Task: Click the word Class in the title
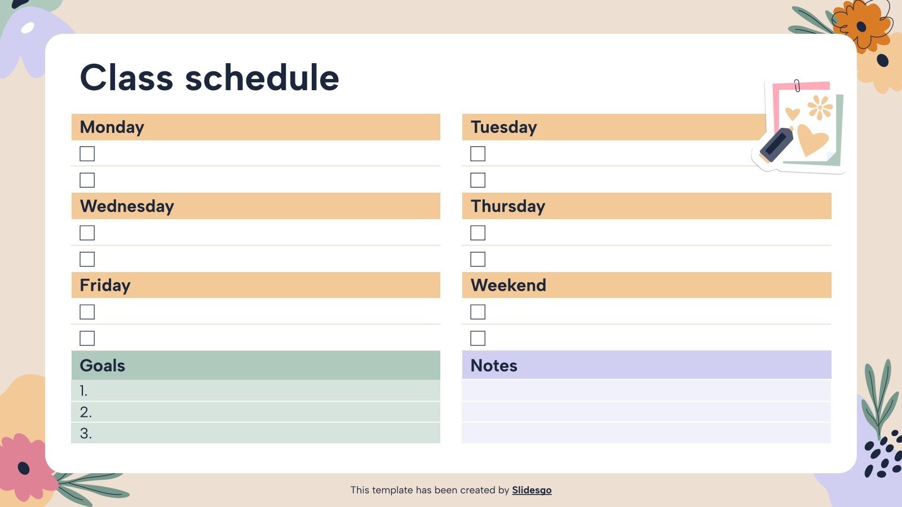126,78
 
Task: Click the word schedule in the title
262,78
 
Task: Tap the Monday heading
112,127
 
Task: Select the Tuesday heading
503,127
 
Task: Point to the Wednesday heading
127,206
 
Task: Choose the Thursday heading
508,206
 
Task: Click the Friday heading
105,285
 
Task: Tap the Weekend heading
508,285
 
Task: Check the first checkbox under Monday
87,154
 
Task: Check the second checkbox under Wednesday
87,259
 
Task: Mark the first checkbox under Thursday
477,233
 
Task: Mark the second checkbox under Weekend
477,338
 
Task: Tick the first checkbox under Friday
87,312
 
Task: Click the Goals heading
103,366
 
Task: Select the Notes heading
494,366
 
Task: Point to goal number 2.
86,412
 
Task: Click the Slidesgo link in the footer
532,490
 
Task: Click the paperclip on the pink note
797,86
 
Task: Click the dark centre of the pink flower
24,468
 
